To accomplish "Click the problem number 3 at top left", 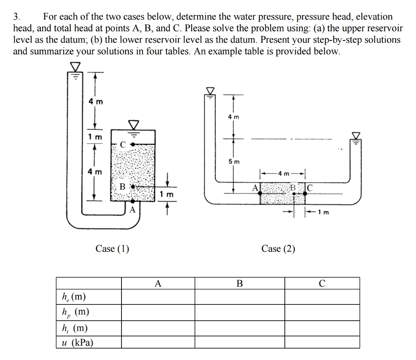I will pos(16,17).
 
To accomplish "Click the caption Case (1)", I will pos(112,248).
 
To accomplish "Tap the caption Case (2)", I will pos(278,248).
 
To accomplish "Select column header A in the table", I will pos(158,284).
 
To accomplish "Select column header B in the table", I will pos(240,284).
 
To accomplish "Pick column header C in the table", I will pos(322,284).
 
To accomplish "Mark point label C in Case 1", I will pos(123,144).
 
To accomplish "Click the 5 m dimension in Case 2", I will pos(234,162).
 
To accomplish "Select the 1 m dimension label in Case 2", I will pos(323,211).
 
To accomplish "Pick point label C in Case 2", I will pos(309,188).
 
